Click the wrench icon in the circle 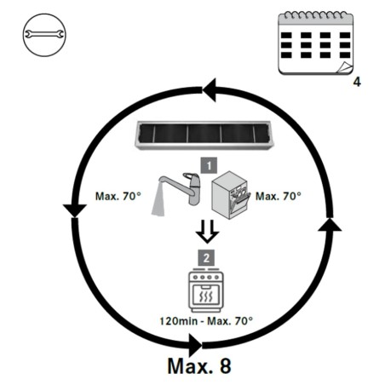(44, 35)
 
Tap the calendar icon (315, 43)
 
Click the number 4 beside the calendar (357, 82)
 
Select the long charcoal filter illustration (203, 135)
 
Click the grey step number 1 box (209, 165)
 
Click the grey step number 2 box (206, 258)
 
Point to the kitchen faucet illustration (181, 187)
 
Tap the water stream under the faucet (158, 199)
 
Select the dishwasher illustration (231, 195)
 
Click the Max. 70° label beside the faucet (118, 196)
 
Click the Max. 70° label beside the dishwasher (279, 196)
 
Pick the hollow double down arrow (207, 232)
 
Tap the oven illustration (206, 290)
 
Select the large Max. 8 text (199, 366)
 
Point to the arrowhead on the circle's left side (75, 210)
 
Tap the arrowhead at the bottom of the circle (195, 346)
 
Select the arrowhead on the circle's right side (330, 224)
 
